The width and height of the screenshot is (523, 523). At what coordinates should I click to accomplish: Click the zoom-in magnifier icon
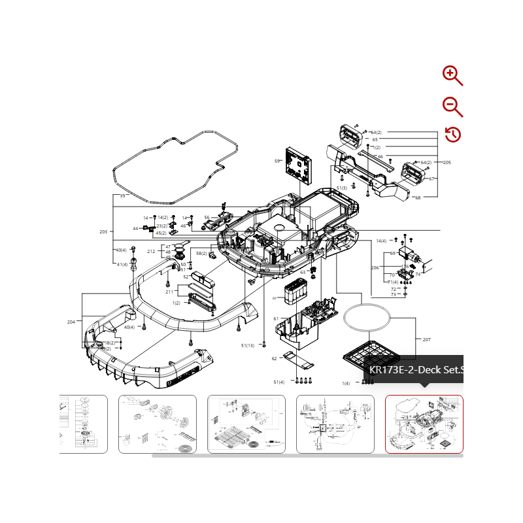(452, 75)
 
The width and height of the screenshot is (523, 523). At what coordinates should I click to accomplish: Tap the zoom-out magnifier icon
(452, 106)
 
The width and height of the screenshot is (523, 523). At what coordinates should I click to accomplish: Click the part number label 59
(277, 161)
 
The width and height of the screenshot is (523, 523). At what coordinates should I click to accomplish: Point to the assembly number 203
(103, 232)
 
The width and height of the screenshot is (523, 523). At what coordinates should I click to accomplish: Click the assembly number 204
(71, 322)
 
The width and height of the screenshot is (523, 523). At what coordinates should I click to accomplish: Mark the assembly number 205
(447, 162)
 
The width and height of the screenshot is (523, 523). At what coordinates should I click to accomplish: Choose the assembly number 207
(427, 339)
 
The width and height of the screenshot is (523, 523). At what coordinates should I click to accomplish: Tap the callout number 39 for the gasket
(122, 195)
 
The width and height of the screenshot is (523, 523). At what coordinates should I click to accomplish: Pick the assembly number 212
(151, 252)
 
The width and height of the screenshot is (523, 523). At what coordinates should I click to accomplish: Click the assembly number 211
(169, 292)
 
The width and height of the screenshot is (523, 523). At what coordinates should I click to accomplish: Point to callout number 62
(275, 358)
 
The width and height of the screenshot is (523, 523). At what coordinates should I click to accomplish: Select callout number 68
(418, 197)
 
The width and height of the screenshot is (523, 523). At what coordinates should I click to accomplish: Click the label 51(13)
(248, 345)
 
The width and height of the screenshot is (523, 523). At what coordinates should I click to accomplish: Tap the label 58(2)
(201, 253)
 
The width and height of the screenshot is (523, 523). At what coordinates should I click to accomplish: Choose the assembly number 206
(375, 267)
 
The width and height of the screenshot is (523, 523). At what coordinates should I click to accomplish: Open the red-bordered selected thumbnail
(424, 424)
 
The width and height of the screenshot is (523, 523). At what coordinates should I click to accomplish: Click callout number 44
(135, 229)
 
